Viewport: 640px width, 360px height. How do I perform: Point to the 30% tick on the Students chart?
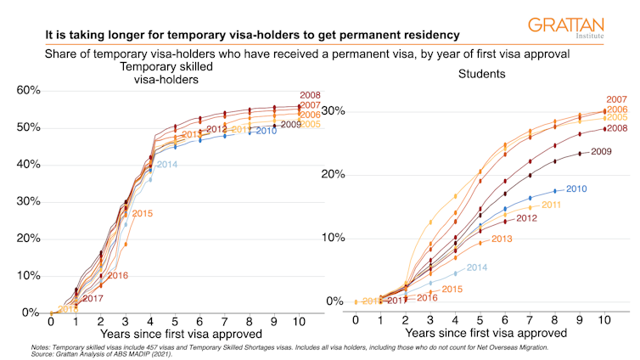pyautogui.click(x=331, y=111)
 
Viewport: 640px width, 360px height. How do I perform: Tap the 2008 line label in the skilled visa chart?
pyautogui.click(x=311, y=95)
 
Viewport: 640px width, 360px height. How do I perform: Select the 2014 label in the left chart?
pyautogui.click(x=167, y=165)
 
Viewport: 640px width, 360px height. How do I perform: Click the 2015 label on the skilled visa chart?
pyautogui.click(x=142, y=213)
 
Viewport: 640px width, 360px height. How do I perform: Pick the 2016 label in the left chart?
pyautogui.click(x=117, y=275)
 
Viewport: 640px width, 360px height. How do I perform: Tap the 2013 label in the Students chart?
pyautogui.click(x=502, y=239)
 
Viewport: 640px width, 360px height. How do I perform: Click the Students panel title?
pyautogui.click(x=481, y=75)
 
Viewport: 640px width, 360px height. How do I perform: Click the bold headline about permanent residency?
pyautogui.click(x=253, y=35)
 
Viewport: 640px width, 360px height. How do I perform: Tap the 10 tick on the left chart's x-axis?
pyautogui.click(x=298, y=323)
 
